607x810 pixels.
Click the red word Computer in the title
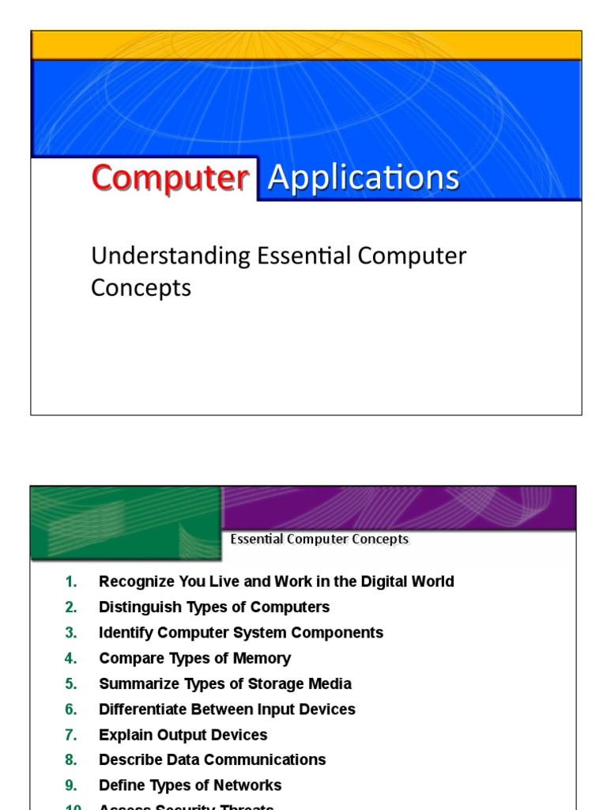[x=169, y=178]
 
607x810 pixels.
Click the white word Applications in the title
[x=364, y=178]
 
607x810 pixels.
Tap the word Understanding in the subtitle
[x=170, y=256]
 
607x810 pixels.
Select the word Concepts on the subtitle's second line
[x=141, y=288]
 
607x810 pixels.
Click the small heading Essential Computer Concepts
[x=319, y=539]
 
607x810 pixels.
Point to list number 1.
[x=71, y=582]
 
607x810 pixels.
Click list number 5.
[x=71, y=684]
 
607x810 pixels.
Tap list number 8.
[x=71, y=760]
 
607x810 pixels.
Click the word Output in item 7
[x=175, y=735]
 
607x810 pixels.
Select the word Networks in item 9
[x=250, y=785]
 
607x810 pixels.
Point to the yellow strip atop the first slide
[x=306, y=45]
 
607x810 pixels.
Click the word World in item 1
[x=429, y=582]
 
